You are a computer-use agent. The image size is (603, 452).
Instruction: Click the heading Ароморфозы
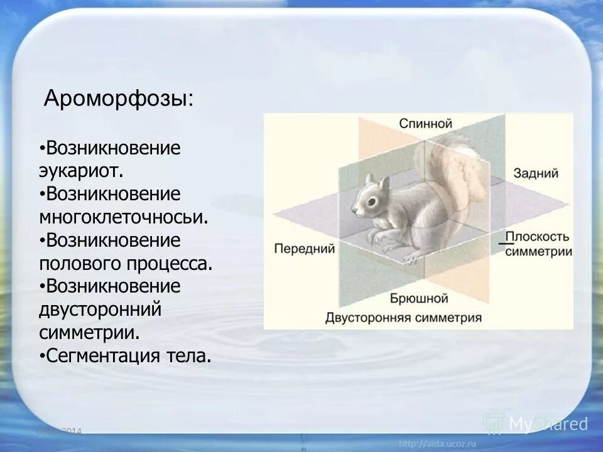click(x=119, y=99)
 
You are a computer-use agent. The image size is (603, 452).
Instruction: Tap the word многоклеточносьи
click(x=123, y=217)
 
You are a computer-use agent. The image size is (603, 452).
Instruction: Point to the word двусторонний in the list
click(x=100, y=309)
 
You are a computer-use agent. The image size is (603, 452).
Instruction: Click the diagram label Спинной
click(x=425, y=124)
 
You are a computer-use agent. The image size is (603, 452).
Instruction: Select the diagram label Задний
click(x=535, y=173)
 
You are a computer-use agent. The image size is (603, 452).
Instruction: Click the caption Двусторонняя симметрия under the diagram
click(x=403, y=318)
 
